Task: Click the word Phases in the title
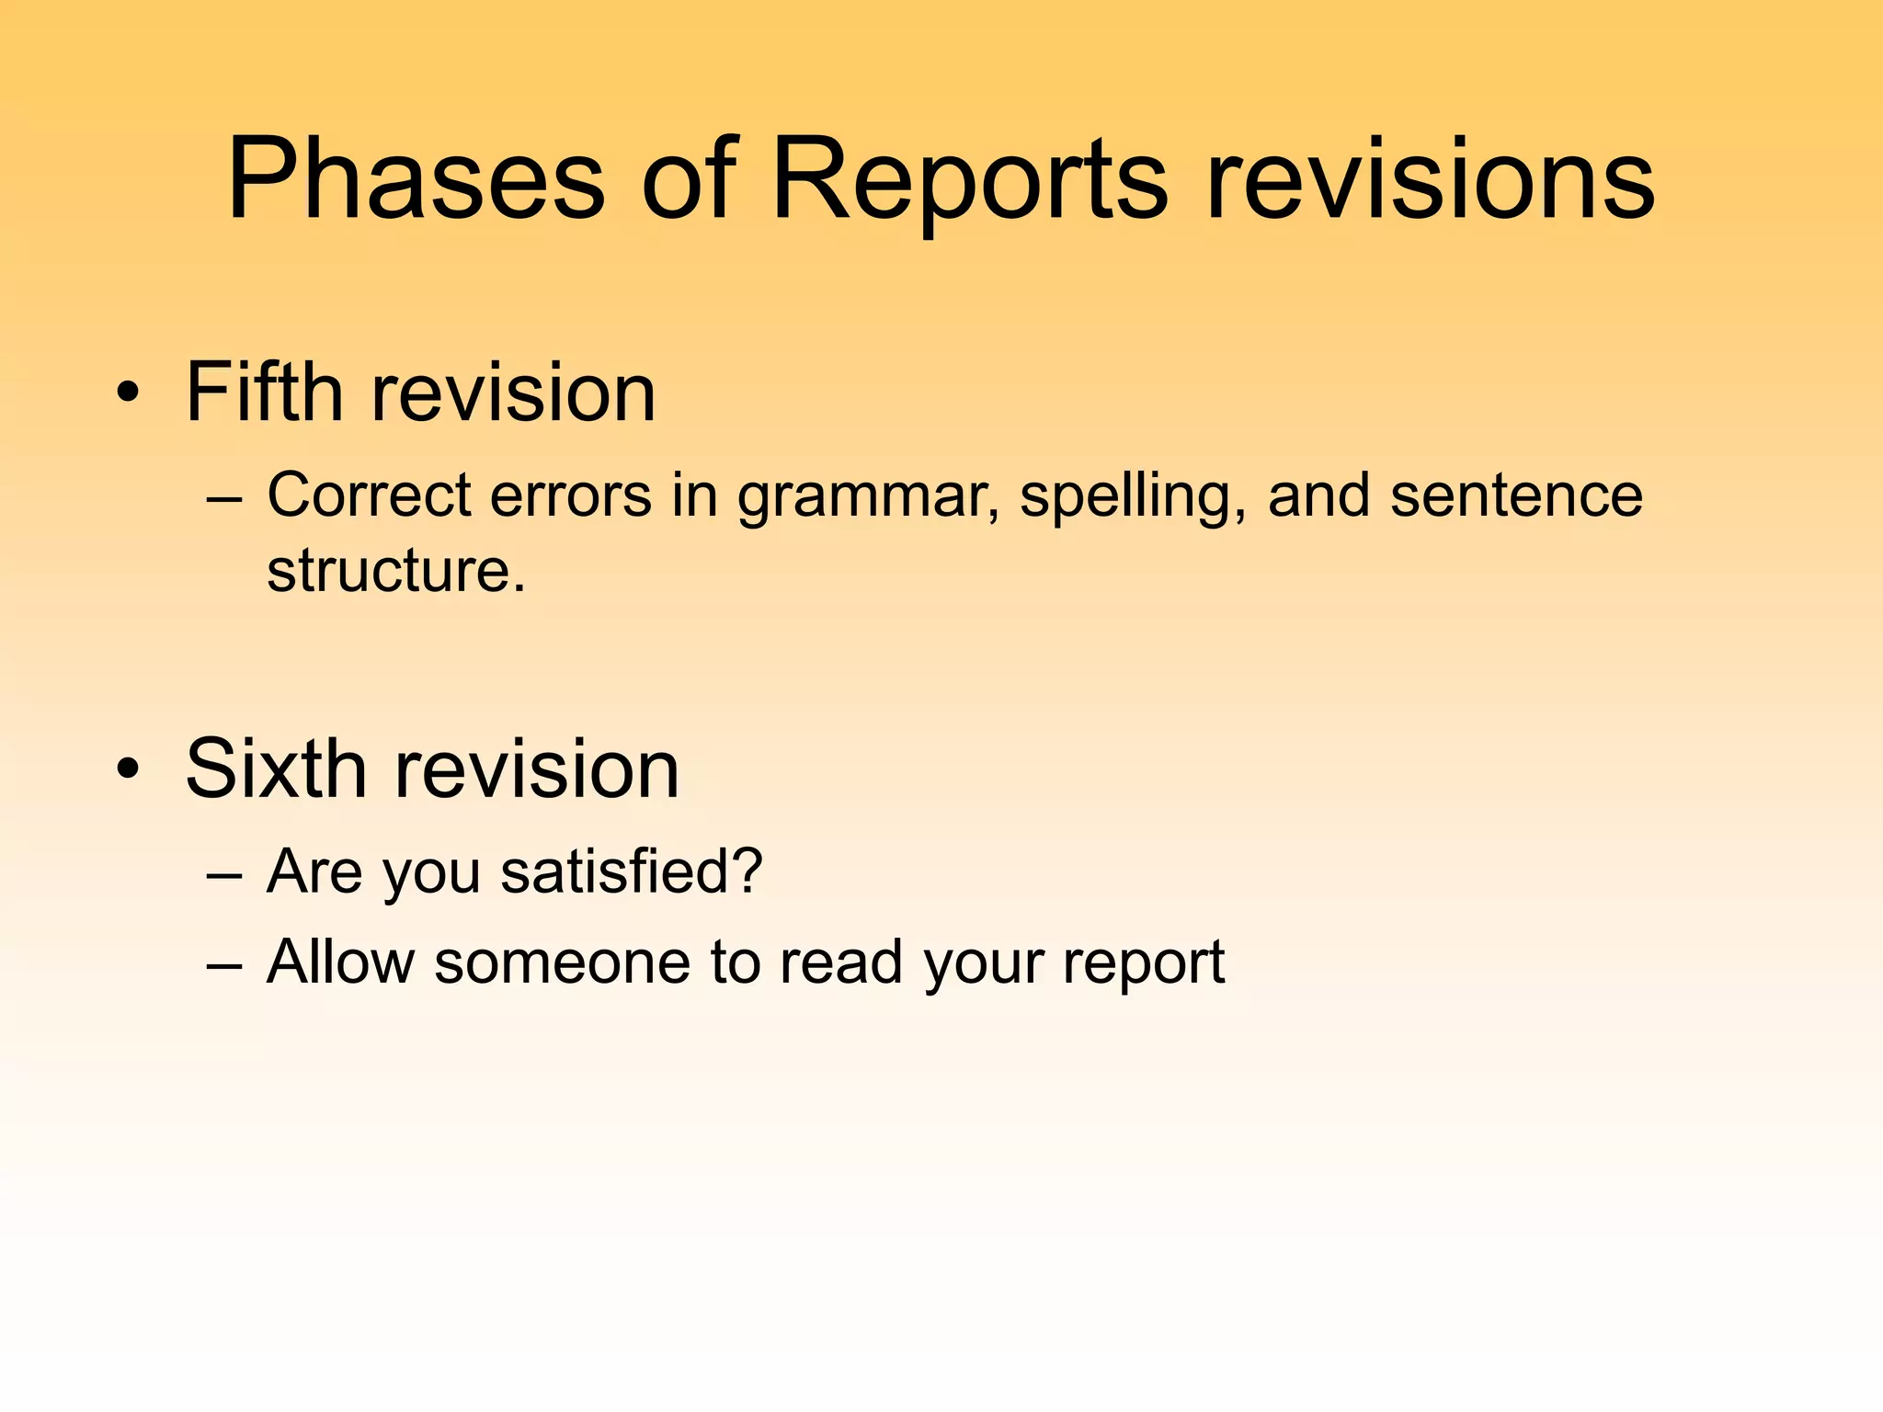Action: [416, 179]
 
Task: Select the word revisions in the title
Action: [1430, 179]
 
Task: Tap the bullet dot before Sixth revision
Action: [129, 770]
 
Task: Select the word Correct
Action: [369, 495]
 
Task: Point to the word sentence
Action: [1515, 496]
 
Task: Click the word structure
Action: [395, 571]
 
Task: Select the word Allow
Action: [340, 962]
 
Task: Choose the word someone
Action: [562, 963]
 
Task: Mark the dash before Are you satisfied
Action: [225, 874]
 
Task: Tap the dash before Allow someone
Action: [225, 966]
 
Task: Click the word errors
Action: [570, 496]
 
